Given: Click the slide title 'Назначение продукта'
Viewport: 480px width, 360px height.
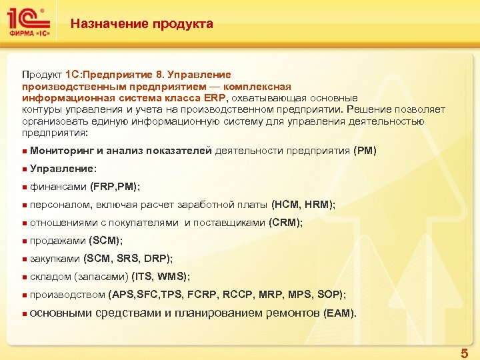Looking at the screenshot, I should (x=142, y=24).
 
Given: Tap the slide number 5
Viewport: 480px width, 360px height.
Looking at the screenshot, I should (x=464, y=353).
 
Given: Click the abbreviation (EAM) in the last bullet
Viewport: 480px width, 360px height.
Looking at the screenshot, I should (x=339, y=313).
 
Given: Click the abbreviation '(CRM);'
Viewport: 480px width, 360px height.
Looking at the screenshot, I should (x=285, y=223).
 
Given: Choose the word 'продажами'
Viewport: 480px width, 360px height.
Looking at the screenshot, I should (x=58, y=241).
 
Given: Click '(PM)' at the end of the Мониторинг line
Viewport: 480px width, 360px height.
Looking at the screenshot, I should (x=365, y=151).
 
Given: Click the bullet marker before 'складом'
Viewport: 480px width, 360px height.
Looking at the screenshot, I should (x=24, y=277).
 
